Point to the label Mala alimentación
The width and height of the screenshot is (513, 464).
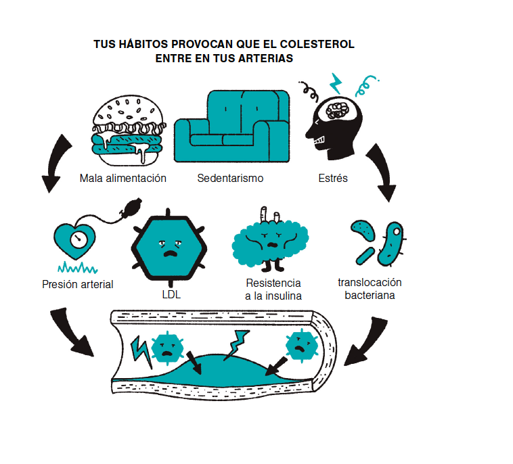pyautogui.click(x=122, y=179)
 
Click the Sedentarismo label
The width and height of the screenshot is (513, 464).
pyautogui.click(x=230, y=179)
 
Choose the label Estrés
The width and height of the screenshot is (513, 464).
pyautogui.click(x=333, y=179)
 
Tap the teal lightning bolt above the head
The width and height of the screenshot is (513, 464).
pyautogui.click(x=336, y=83)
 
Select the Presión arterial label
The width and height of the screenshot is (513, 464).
pyautogui.click(x=77, y=285)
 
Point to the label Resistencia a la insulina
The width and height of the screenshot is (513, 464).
pyautogui.click(x=273, y=289)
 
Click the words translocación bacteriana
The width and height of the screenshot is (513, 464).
pyautogui.click(x=370, y=289)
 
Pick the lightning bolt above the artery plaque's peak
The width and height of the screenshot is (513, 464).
pyautogui.click(x=238, y=344)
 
